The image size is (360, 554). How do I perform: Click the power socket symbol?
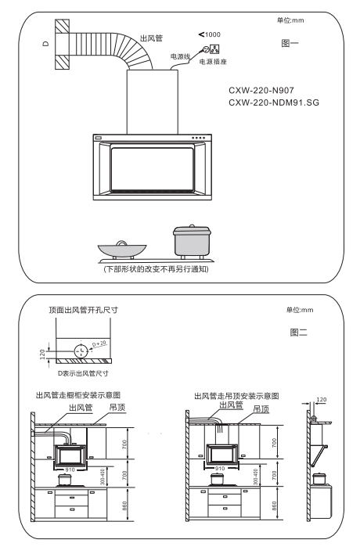[x=215, y=49]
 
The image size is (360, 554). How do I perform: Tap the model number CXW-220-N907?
[x=261, y=91]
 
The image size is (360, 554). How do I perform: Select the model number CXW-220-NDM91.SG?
[x=274, y=103]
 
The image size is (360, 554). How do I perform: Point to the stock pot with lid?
[x=193, y=241]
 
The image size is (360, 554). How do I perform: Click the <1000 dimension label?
[x=210, y=34]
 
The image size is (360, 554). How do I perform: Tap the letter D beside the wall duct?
[x=46, y=44]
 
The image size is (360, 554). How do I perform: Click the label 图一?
[x=290, y=43]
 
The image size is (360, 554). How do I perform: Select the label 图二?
[x=299, y=332]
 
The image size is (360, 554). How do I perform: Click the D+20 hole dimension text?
[x=99, y=344]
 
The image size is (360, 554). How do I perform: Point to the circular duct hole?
[x=81, y=351]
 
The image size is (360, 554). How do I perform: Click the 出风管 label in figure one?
[x=152, y=38]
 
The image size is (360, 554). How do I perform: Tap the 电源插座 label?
[x=213, y=62]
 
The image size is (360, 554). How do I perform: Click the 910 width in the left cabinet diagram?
[x=70, y=469]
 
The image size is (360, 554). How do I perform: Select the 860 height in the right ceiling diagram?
[x=274, y=505]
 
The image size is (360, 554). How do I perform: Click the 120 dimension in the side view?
[x=322, y=400]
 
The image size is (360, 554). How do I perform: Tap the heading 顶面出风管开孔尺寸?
[x=84, y=310]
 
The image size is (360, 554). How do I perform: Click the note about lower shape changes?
[x=157, y=269]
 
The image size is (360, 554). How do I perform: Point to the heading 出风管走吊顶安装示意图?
[x=236, y=396]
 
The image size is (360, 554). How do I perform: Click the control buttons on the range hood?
[x=198, y=138]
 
